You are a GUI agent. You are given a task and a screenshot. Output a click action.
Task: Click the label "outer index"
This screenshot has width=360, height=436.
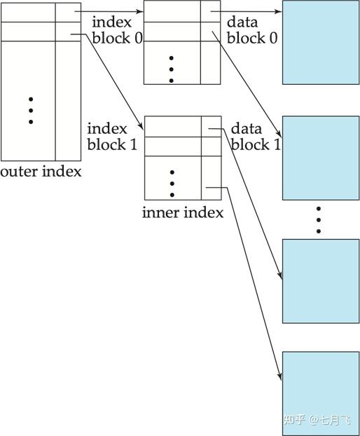[41, 171]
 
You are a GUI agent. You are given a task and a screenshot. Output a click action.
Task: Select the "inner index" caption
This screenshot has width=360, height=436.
[183, 212]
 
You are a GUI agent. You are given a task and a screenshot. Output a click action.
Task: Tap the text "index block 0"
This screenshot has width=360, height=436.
[117, 31]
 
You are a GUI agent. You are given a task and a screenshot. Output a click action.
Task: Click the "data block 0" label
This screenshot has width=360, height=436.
[252, 31]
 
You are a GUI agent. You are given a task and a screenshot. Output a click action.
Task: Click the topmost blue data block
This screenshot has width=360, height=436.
[321, 42]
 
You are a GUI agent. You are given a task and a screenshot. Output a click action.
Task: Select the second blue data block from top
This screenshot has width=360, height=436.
[321, 158]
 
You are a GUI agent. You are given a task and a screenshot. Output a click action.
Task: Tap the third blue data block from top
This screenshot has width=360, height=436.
[321, 280]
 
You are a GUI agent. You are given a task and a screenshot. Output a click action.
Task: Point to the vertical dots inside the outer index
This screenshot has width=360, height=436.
[31, 111]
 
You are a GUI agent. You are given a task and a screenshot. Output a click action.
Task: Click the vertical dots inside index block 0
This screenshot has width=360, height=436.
[172, 69]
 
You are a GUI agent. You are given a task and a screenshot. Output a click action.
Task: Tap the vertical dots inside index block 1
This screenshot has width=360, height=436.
[172, 183]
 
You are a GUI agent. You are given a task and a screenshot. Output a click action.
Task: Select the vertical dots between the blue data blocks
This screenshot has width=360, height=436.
[318, 219]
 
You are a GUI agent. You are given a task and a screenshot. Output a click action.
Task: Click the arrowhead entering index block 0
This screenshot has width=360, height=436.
[139, 11]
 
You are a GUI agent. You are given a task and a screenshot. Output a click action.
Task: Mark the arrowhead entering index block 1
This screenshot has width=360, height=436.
[141, 128]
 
